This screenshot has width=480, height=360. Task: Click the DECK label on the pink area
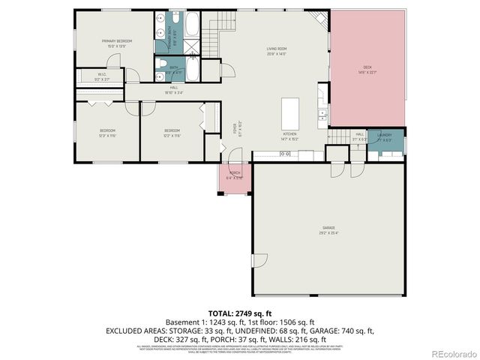[x=367, y=70]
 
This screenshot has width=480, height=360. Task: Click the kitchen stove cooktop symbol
[x=285, y=154]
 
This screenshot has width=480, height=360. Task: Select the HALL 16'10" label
[x=174, y=90]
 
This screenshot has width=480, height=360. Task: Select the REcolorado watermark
[x=450, y=352]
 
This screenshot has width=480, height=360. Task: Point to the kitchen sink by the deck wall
[x=322, y=115]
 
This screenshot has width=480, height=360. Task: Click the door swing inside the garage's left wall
[x=259, y=262]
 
